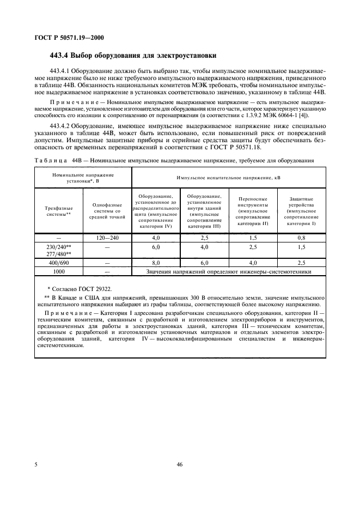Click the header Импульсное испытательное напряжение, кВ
click(229, 178)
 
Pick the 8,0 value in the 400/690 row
click(156, 263)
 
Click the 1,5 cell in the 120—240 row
click(253, 238)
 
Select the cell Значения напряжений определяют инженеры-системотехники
click(229, 271)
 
